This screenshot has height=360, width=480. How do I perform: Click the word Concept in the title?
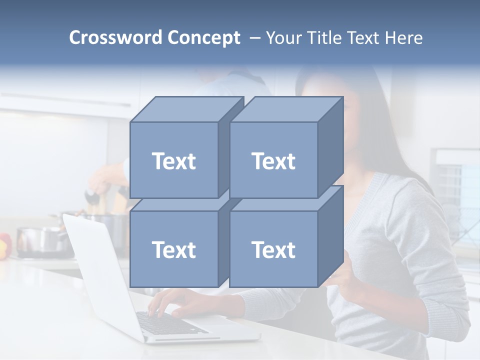tap(203, 37)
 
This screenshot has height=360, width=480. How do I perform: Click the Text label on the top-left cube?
tap(173, 161)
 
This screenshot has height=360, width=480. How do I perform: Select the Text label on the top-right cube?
tap(273, 161)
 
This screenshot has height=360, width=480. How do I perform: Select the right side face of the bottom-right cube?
tap(330, 235)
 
